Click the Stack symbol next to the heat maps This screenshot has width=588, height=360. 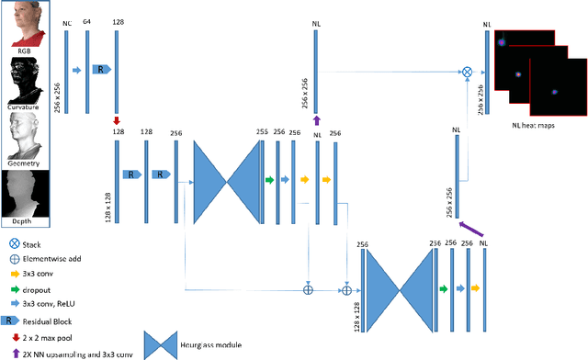(466, 71)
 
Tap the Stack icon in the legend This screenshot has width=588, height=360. (13, 244)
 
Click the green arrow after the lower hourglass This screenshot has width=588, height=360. (444, 288)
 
